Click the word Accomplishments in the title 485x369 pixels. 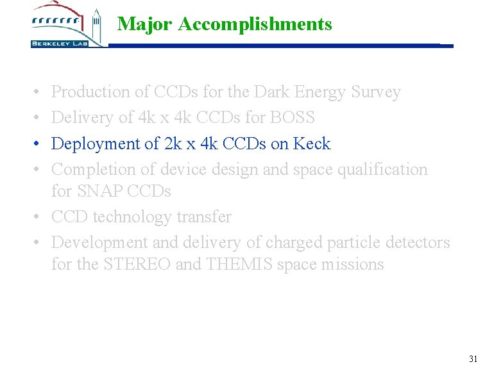coord(255,24)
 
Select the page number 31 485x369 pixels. coord(473,359)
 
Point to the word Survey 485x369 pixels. coord(375,92)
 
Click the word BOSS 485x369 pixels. coord(293,118)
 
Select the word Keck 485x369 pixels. coord(312,143)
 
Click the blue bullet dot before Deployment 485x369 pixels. coord(38,143)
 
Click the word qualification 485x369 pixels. coord(382,169)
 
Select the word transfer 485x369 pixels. coord(203,217)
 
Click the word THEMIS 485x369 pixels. coord(239,264)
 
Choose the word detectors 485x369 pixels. coord(418,242)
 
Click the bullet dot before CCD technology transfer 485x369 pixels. coord(38,217)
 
